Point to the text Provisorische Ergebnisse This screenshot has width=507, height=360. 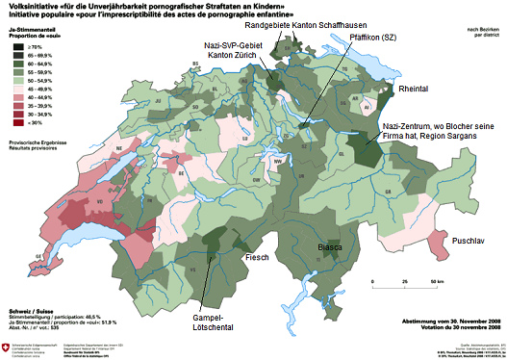tap(28, 142)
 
